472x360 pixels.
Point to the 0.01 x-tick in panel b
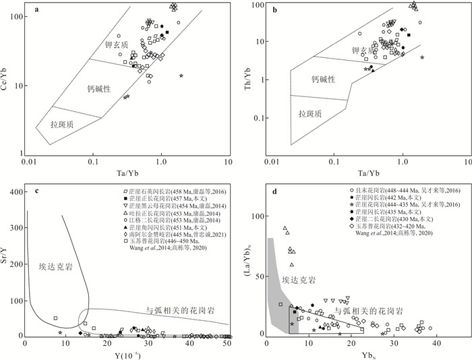[272, 162]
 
